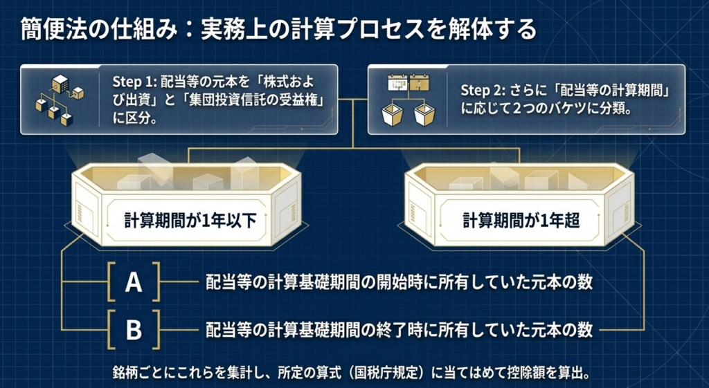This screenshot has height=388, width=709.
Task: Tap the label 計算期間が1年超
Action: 521,221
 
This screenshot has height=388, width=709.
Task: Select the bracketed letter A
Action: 134,282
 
